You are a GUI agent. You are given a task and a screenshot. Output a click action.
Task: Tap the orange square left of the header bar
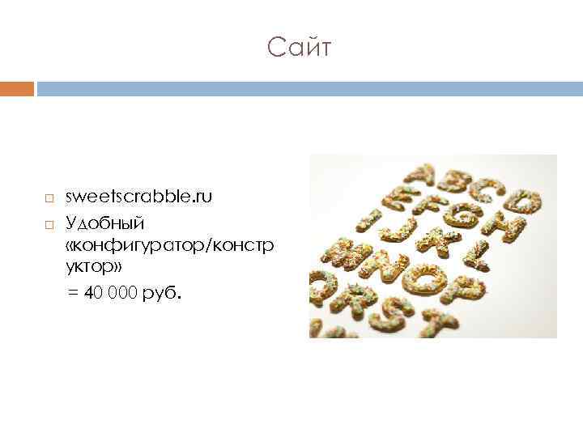[x=17, y=88]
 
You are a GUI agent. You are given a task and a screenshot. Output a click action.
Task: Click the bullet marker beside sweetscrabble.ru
[x=49, y=198]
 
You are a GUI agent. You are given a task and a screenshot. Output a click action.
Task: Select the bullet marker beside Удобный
[x=49, y=223]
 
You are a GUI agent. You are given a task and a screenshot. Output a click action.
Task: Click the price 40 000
[x=110, y=292]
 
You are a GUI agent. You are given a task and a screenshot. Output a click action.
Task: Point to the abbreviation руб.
[x=163, y=292]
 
